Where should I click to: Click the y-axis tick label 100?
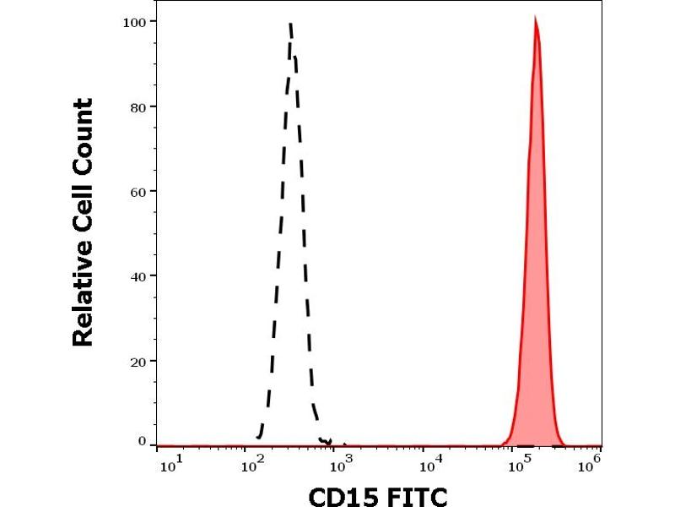pos(132,20)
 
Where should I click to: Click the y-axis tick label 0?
pos(141,441)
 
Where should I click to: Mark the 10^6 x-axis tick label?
pos(593,461)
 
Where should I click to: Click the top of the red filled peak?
pos(535,18)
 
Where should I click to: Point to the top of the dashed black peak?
pos(290,24)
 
